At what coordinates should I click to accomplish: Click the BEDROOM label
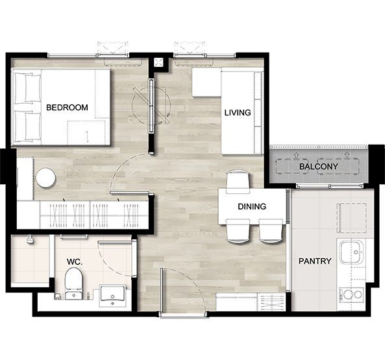pos(67,108)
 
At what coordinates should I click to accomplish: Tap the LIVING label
pos(238,113)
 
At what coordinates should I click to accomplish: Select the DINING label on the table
pos(252,206)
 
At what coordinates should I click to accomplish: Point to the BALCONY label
pos(319,167)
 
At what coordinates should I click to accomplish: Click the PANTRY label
pos(315,261)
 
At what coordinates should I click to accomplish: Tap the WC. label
pos(75,262)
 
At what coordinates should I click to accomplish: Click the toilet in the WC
pos(73,283)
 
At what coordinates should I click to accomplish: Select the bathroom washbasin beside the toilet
pos(112,296)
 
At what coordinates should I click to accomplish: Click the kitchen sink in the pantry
pos(351,252)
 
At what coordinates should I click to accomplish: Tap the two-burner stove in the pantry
pos(351,294)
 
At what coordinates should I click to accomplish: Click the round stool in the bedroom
pos(45,178)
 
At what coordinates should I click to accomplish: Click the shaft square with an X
pos(158,62)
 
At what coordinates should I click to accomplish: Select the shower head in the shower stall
pos(30,240)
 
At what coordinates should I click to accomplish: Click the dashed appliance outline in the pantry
pos(352,218)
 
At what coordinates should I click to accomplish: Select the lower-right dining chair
pos(271,231)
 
